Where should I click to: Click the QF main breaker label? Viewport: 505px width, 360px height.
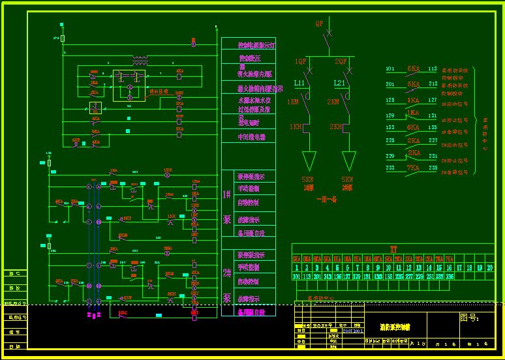tap(319, 23)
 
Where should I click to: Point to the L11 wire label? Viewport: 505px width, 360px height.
tap(299, 83)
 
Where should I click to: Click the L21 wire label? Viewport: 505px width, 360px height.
tap(340, 83)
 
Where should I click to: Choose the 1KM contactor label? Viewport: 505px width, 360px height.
tap(293, 102)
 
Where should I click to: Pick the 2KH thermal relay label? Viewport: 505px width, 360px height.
tap(337, 126)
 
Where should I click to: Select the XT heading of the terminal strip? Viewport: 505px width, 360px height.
tap(393, 248)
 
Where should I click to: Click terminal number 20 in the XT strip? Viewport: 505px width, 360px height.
tap(489, 267)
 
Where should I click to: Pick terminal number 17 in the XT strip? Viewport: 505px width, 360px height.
tap(459, 267)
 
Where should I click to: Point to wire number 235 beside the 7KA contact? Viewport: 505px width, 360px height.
tap(432, 168)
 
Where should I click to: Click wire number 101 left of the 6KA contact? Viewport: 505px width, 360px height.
tap(390, 68)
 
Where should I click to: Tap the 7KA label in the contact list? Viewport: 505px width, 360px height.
tap(414, 167)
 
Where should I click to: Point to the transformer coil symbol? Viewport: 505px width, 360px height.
tap(140, 62)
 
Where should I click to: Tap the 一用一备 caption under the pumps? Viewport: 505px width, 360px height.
tap(326, 200)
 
